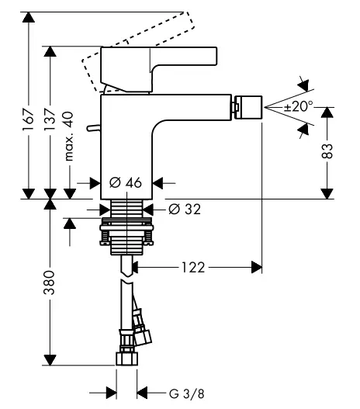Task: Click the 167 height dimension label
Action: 28,120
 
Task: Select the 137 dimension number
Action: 50,120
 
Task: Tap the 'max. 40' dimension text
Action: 69,136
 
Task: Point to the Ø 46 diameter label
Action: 126,182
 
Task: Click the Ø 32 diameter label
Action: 185,209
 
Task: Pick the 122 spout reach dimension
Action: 193,267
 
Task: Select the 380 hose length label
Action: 50,282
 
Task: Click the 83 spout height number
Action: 327,151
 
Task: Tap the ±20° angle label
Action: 298,106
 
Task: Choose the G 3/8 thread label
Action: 187,393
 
